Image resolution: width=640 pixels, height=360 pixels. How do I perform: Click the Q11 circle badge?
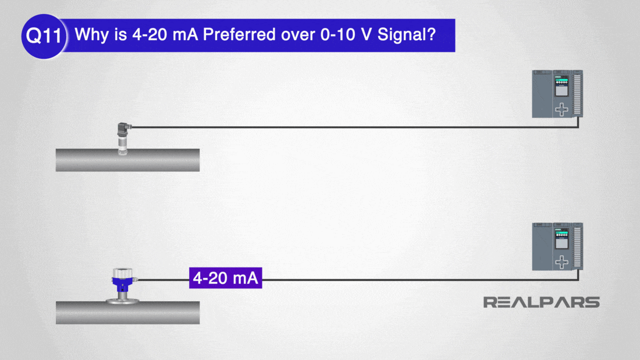(x=44, y=36)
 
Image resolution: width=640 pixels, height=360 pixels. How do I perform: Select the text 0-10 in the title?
(x=337, y=35)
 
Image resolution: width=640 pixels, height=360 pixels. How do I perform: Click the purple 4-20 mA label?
(x=225, y=278)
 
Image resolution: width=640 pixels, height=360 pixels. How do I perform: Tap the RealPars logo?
(x=541, y=302)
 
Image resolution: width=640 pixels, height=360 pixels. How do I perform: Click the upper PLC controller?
(x=557, y=94)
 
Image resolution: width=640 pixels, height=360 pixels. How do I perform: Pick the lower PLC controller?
(x=557, y=247)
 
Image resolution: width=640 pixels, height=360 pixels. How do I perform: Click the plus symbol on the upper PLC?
(x=561, y=109)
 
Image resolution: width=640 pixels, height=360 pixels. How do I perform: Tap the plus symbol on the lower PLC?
(x=561, y=262)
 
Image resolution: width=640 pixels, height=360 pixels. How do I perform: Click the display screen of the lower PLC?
(x=561, y=243)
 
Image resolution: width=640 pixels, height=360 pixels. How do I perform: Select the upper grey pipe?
(x=128, y=160)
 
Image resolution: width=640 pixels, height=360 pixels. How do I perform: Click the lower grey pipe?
(x=128, y=313)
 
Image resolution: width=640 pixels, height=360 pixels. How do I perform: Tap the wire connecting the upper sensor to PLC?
(x=354, y=127)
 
